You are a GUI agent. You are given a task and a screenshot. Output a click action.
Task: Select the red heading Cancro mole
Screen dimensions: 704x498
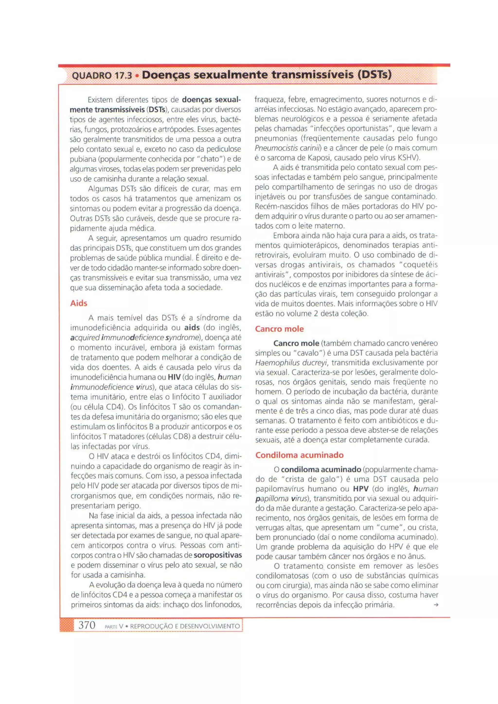(279, 329)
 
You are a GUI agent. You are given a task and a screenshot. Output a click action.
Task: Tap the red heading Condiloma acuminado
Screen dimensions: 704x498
(299, 455)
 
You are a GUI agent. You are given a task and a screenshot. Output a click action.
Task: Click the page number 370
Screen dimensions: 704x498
(87, 625)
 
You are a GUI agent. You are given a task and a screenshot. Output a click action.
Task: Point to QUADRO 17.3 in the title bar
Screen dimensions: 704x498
(101, 75)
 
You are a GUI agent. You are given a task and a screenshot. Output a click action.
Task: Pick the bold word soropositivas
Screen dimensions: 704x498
(218, 555)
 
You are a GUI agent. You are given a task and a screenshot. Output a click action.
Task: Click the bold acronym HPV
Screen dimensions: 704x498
(361, 489)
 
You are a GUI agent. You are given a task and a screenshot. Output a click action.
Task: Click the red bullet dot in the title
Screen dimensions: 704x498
(137, 75)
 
